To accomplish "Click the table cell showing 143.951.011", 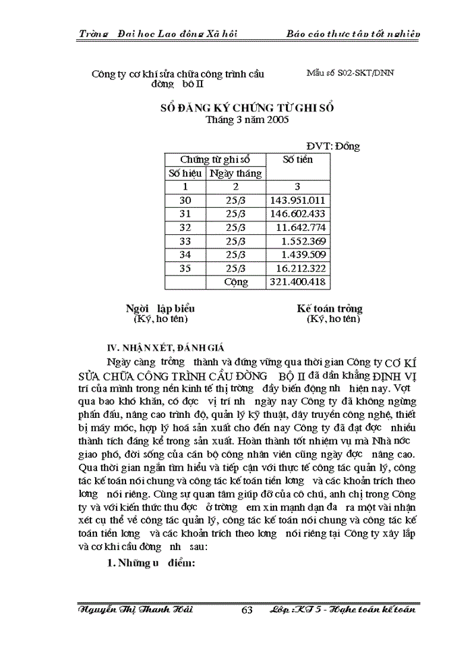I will [298, 200].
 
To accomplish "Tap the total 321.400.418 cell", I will [298, 281].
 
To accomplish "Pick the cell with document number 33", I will [185, 241].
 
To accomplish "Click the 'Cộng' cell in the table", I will [236, 281].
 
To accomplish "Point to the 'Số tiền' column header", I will [297, 159].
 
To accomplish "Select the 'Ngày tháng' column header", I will [236, 173].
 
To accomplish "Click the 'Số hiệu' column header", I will [185, 173].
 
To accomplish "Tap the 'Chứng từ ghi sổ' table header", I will [215, 159].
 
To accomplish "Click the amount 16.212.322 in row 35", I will [298, 268].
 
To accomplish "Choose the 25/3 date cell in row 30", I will [236, 200].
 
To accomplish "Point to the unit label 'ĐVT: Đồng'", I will [333, 146].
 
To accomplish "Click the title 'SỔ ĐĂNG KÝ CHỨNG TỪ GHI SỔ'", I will [246, 108].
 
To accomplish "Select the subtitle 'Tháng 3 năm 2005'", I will [247, 120].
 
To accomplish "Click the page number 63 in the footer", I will [247, 610].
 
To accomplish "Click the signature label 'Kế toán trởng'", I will [330, 308].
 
